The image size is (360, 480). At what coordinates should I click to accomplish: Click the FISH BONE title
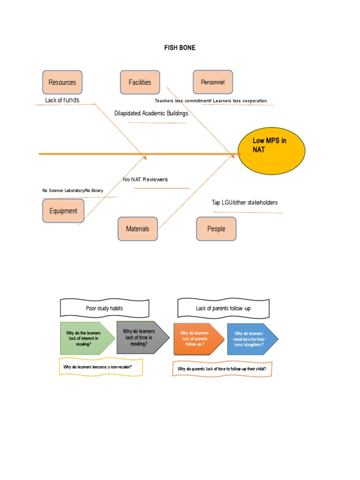[180, 48]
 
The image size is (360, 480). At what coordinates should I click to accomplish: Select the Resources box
[62, 82]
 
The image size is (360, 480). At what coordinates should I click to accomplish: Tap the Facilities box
[140, 82]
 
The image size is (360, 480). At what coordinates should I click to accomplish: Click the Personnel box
[213, 82]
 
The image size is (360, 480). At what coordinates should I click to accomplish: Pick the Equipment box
[63, 211]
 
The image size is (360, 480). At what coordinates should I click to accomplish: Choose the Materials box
[137, 229]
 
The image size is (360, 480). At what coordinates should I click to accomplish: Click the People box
[216, 229]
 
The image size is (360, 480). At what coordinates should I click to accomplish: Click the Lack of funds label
[62, 100]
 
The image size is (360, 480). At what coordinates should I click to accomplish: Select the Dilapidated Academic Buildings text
[151, 113]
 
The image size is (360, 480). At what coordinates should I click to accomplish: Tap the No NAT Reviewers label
[145, 180]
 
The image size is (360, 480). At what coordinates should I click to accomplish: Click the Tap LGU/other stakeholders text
[244, 202]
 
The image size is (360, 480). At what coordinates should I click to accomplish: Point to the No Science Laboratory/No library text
[73, 190]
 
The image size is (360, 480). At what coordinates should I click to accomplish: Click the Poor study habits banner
[105, 308]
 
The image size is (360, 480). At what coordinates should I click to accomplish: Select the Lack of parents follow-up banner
[223, 308]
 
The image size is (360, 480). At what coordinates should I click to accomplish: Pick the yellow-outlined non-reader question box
[101, 367]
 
